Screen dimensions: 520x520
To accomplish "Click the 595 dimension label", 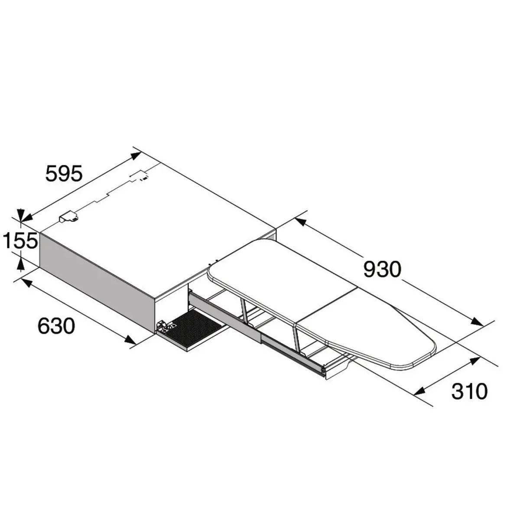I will point(64,174).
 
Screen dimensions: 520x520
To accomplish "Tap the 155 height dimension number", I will point(20,241).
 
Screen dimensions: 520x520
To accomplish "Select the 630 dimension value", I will point(56,326).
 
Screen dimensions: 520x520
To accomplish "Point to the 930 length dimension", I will point(382,270).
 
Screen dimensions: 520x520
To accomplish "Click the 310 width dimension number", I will point(469,392).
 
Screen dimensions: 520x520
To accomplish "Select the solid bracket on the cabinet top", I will point(68,217).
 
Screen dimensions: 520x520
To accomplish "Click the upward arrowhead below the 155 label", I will point(20,263).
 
